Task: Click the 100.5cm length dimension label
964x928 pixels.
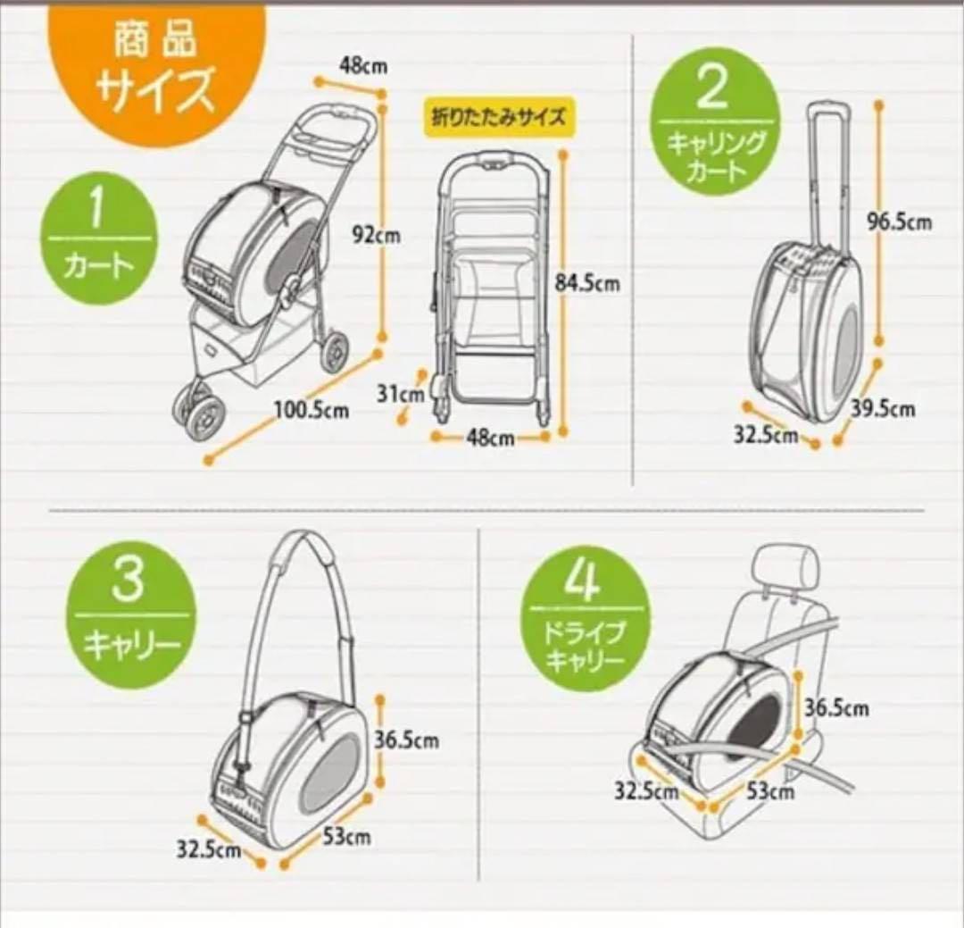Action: (x=312, y=410)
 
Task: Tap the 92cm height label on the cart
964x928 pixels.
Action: (x=376, y=235)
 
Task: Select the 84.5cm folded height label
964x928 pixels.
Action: (x=587, y=284)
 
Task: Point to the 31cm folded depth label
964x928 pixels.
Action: (x=400, y=394)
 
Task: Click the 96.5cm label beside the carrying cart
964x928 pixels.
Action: (x=900, y=222)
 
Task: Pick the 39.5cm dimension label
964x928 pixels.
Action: (x=883, y=408)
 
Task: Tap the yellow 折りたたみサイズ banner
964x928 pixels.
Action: (x=499, y=117)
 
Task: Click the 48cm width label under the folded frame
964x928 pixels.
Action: (x=490, y=439)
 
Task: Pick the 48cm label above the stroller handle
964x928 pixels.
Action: (x=363, y=65)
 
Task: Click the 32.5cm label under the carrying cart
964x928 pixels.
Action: (x=766, y=435)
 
